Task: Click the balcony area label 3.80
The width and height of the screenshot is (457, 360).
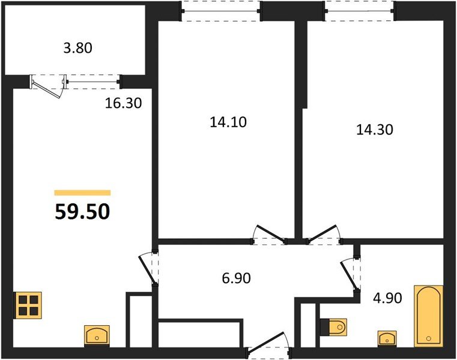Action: [x=78, y=48]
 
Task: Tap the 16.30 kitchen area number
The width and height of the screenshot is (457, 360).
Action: [x=123, y=103]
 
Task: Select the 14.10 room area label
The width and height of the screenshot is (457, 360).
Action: [x=228, y=122]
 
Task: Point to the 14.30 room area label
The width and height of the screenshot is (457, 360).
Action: [x=375, y=130]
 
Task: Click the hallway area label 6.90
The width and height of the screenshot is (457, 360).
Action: [x=236, y=278]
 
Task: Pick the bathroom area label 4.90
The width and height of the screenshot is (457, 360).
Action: [x=387, y=298]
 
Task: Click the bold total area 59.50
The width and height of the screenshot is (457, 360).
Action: [x=82, y=211]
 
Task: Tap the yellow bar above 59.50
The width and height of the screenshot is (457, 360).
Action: [x=82, y=193]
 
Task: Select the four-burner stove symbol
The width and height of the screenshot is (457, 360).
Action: [x=28, y=305]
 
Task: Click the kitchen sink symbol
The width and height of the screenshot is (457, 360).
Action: [x=97, y=335]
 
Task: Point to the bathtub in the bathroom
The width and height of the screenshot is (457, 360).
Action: [x=428, y=316]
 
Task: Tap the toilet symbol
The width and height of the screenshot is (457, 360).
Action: [x=334, y=328]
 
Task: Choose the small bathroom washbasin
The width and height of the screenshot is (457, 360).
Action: [x=387, y=339]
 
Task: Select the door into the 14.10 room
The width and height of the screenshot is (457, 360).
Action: [x=268, y=234]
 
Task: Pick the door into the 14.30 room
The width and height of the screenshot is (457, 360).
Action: [x=324, y=234]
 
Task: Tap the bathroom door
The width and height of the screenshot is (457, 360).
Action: [x=350, y=274]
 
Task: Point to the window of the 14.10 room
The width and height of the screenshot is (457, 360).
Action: [x=220, y=11]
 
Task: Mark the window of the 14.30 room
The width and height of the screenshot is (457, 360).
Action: [x=360, y=11]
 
